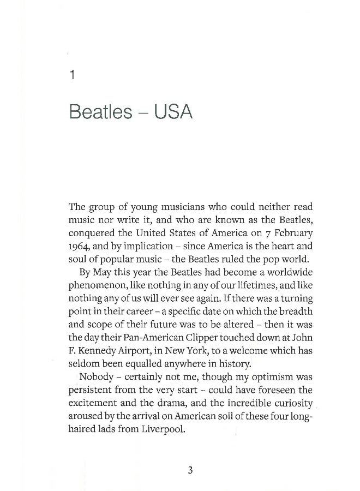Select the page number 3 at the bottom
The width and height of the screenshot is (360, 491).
click(x=190, y=471)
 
